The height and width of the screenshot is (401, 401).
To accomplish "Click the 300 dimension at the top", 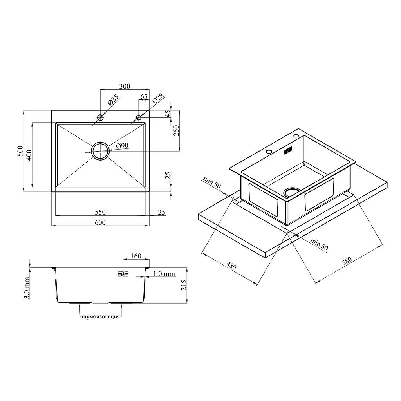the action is point(125,86).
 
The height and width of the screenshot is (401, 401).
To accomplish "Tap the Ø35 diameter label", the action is point(114,100).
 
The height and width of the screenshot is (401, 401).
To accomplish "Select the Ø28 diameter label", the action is point(158,98).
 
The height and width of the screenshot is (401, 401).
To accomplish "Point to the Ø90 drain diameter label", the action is point(122,146).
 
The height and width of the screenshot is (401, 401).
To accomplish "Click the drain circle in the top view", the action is point(100,142).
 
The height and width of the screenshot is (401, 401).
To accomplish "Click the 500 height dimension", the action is point(20,151).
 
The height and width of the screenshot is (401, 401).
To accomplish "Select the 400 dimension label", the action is point(29,155).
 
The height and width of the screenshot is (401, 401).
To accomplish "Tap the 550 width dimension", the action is point(100,212).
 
